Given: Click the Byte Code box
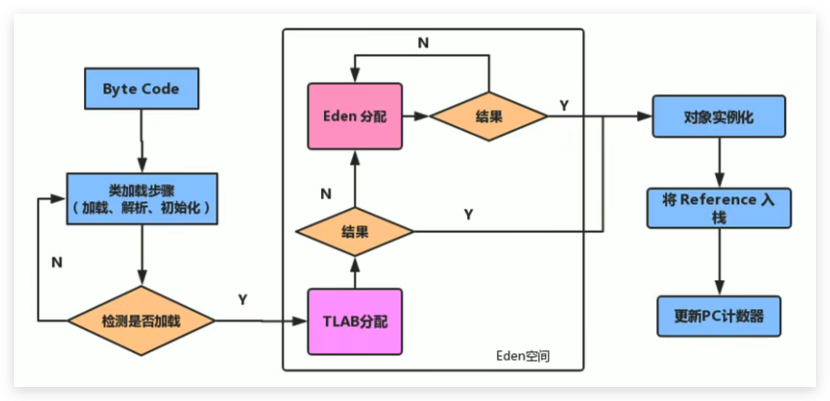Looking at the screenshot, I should click(x=142, y=89).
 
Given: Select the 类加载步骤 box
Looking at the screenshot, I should click(x=142, y=199).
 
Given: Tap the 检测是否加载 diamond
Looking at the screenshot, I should click(x=141, y=321).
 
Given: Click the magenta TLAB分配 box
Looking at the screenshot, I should click(x=355, y=321).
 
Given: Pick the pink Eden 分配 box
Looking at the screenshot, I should click(x=355, y=116).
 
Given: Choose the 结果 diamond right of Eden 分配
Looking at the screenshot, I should click(x=489, y=116).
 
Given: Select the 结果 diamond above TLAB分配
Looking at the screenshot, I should click(x=355, y=232).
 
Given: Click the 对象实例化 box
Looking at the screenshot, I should click(x=719, y=117).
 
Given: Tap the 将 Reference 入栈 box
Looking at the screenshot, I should click(x=719, y=208).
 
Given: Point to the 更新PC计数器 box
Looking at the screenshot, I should click(x=719, y=316).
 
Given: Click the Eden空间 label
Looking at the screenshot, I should click(x=522, y=356).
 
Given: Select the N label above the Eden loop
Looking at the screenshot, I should click(x=423, y=43).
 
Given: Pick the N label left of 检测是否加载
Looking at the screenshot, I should click(x=57, y=262).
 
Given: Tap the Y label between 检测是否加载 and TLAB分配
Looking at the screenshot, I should click(x=243, y=299).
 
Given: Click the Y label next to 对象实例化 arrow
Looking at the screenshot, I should click(x=564, y=105).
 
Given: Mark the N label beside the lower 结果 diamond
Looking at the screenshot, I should click(x=326, y=194).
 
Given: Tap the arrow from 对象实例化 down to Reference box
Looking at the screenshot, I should click(x=719, y=162).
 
